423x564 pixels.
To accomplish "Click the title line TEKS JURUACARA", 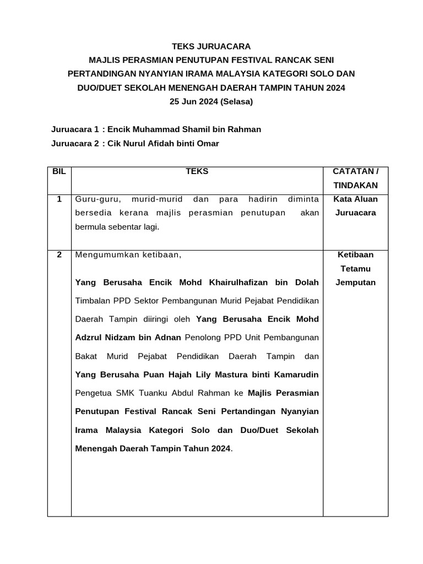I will [211, 46].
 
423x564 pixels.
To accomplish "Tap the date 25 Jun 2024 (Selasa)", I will [211, 102].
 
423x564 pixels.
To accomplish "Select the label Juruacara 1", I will [75, 129].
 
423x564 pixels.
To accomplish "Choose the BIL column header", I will [59, 172].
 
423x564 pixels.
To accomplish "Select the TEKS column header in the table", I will [197, 172].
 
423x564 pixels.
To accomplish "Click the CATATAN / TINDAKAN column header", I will [355, 178].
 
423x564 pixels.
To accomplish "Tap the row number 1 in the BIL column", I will [59, 199].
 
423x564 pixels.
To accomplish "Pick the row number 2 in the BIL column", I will [59, 254].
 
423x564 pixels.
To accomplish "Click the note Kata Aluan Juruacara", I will [355, 206].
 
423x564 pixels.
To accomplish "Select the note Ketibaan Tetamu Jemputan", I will [355, 269].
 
